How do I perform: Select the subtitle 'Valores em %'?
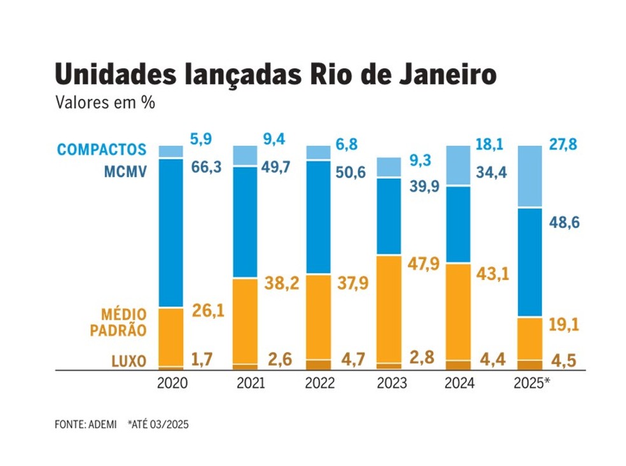[106, 102]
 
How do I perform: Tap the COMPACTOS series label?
[102, 150]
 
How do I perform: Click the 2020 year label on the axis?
[172, 385]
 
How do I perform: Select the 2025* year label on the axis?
[532, 385]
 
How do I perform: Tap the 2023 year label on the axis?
[389, 385]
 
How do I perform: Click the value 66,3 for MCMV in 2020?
[207, 166]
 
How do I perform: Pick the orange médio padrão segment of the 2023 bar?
[389, 309]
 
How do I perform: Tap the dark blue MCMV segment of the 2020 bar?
[171, 232]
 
